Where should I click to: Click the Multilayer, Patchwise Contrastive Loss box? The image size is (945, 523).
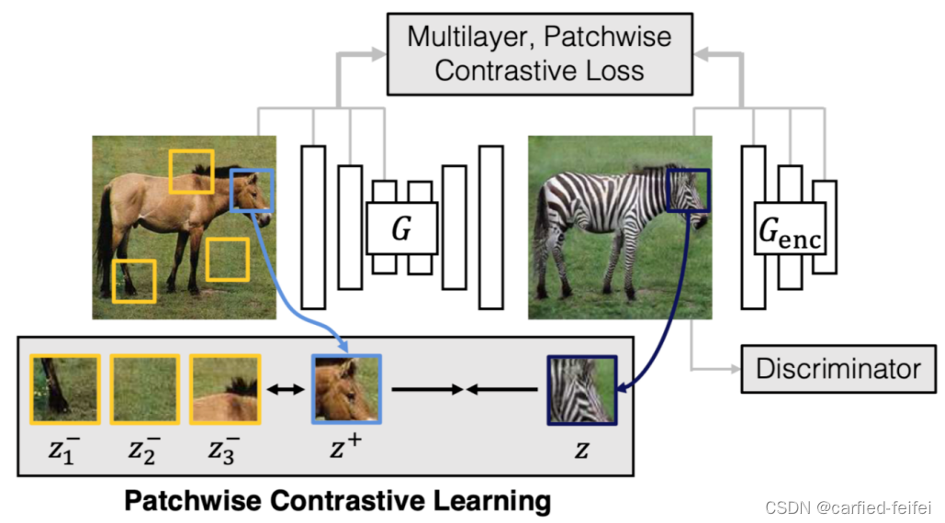coord(539,53)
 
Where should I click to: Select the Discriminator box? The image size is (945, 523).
coord(838,369)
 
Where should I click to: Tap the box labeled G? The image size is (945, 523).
coord(401,228)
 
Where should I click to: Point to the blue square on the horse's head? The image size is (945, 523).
coord(250,191)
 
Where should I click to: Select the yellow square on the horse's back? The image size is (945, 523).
coord(191,172)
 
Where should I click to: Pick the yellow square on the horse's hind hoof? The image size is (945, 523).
coord(134,281)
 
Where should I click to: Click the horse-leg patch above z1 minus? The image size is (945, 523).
coord(64,389)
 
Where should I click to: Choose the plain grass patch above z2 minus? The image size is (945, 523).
coord(144,389)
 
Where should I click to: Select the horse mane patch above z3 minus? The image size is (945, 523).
coord(224,389)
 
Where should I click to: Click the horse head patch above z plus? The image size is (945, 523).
coord(346,389)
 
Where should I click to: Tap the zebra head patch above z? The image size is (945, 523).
coord(581,390)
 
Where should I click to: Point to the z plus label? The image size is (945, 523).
coord(346,449)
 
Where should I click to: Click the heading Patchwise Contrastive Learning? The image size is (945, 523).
coord(337,501)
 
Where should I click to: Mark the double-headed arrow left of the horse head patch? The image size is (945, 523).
coord(285,390)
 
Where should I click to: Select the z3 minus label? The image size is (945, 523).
coord(224,450)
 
